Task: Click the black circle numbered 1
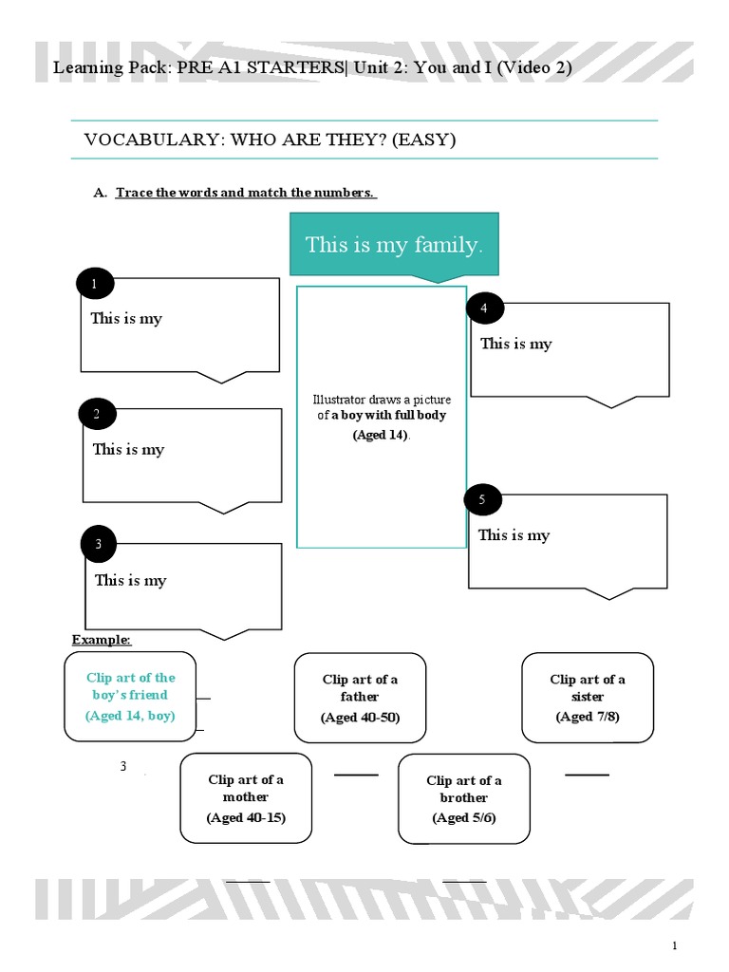pos(95,284)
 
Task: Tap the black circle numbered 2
pos(97,414)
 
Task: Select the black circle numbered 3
pos(98,545)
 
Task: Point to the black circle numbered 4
pos(484,308)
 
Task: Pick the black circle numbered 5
pos(482,499)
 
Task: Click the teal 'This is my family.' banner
pos(394,246)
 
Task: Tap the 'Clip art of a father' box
pos(360,698)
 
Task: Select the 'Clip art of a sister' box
pos(588,697)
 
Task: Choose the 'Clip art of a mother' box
pos(246,798)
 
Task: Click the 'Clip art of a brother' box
pos(464,798)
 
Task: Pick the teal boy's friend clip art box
pos(131,697)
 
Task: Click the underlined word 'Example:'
pos(102,640)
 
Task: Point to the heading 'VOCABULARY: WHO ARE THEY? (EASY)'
pos(271,140)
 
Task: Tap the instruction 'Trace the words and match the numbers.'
pos(246,193)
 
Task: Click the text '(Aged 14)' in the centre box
pos(381,435)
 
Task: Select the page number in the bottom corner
pos(675,945)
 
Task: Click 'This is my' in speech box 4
pos(515,344)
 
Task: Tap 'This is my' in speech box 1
pos(126,318)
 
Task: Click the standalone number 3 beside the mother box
pos(123,766)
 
